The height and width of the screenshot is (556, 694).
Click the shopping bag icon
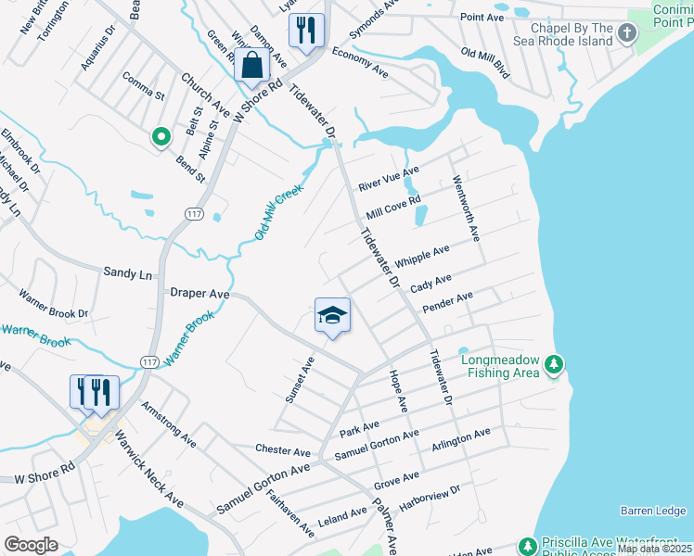[251, 66]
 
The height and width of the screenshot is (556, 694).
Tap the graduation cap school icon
[332, 317]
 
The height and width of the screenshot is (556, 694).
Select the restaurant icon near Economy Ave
[305, 30]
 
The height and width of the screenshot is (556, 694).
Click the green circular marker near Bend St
[161, 138]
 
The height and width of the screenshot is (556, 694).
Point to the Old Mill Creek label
[279, 211]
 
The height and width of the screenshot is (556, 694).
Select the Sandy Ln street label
[126, 274]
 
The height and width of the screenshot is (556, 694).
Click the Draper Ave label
[199, 293]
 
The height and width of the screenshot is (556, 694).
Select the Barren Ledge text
[653, 511]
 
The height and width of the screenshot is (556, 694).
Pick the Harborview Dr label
[430, 498]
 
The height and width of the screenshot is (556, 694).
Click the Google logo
[32, 544]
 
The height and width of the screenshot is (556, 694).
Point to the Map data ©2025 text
[653, 549]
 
